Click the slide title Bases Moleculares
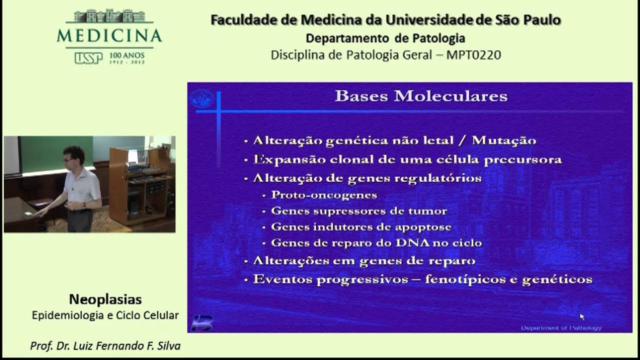click(420, 96)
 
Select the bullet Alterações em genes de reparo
click(364, 261)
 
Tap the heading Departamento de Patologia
click(385, 38)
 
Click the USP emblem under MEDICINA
click(88, 58)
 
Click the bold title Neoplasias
click(105, 299)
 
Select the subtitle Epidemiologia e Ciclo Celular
click(105, 315)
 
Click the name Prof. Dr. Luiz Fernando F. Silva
click(105, 346)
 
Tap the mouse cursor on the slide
click(581, 316)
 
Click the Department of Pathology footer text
click(561, 328)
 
